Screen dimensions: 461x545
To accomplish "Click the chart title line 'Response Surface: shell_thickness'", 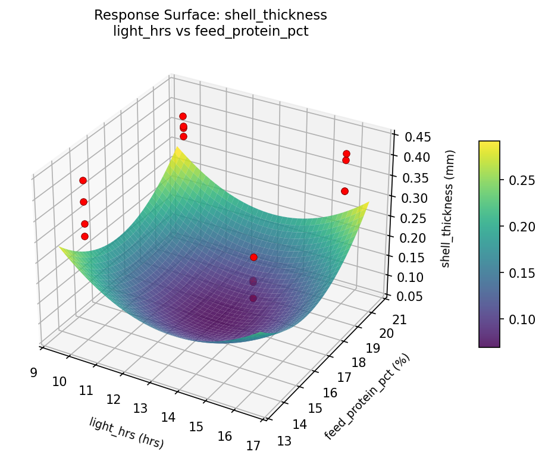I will [x=211, y=15].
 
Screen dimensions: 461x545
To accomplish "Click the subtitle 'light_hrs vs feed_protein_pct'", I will [x=211, y=32].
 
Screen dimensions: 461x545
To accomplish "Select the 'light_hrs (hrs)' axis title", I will [x=126, y=432].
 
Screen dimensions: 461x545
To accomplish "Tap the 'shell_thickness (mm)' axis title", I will [x=446, y=206].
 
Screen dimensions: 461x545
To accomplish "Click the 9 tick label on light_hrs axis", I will [x=33, y=373].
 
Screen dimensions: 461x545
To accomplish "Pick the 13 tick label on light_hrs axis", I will [x=140, y=408].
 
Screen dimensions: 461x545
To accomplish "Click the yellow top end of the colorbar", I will [x=489, y=144].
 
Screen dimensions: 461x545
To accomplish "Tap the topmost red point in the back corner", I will [x=183, y=116].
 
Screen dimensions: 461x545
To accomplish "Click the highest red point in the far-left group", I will [x=83, y=180].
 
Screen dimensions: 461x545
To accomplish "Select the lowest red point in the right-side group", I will [x=344, y=191].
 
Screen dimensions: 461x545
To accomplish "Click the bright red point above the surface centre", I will [x=253, y=257].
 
